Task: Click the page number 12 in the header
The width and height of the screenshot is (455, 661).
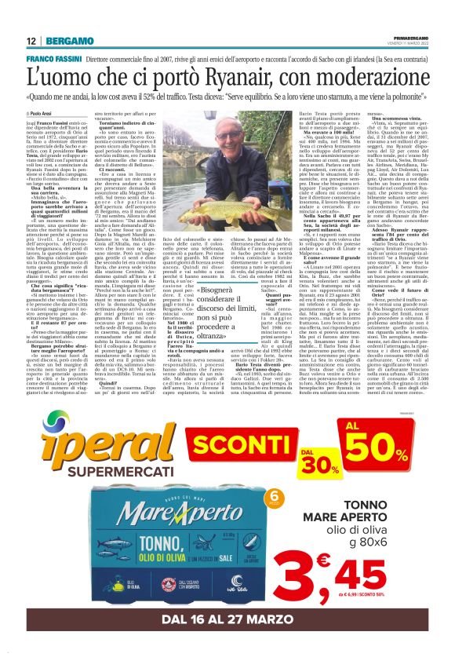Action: (x=30, y=41)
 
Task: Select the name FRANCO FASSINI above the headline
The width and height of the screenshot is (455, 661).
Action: (x=54, y=59)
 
